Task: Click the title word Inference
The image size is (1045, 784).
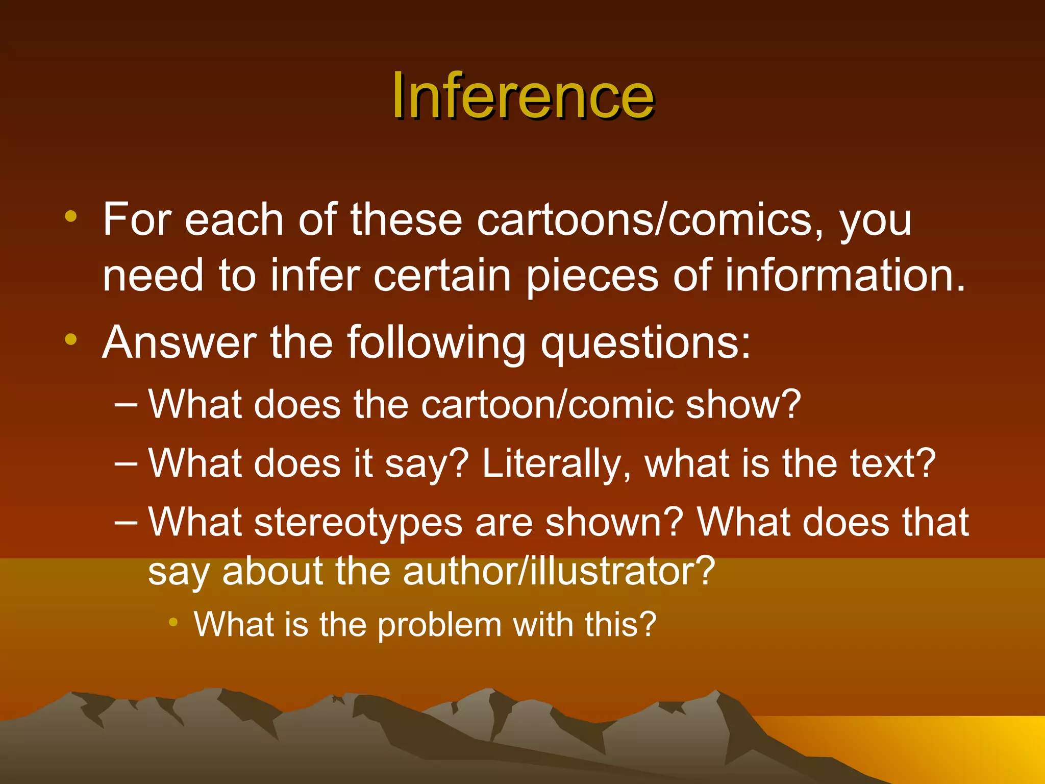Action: (x=522, y=96)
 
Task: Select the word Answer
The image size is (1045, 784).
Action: (x=179, y=343)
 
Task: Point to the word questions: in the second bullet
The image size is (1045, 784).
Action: (x=645, y=343)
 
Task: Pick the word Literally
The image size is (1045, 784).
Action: (x=557, y=463)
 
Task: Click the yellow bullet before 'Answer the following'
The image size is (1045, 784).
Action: (x=71, y=339)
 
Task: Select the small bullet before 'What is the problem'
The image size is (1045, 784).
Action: (x=173, y=622)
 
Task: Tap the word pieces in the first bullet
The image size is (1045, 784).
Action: (x=592, y=276)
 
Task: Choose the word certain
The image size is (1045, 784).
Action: (x=442, y=276)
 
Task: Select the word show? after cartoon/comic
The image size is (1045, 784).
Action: (x=743, y=405)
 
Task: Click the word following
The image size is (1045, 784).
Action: (x=436, y=343)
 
